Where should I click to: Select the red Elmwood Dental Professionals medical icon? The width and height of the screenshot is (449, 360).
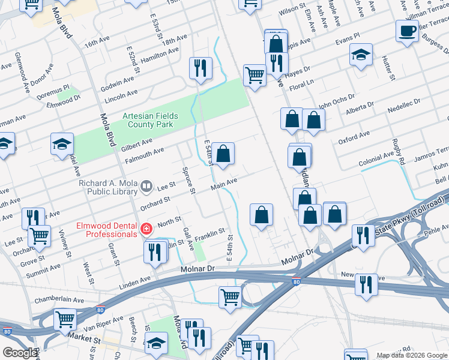146,229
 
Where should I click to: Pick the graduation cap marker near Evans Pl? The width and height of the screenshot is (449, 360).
361,55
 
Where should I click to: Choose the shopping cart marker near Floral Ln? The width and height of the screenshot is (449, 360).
255,76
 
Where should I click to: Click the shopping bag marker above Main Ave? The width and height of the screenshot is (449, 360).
223,154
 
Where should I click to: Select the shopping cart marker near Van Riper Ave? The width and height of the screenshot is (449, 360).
65,319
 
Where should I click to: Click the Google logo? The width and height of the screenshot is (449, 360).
20,353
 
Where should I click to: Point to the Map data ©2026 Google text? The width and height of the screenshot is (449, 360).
411,355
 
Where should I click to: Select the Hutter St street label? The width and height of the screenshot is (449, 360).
388,68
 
